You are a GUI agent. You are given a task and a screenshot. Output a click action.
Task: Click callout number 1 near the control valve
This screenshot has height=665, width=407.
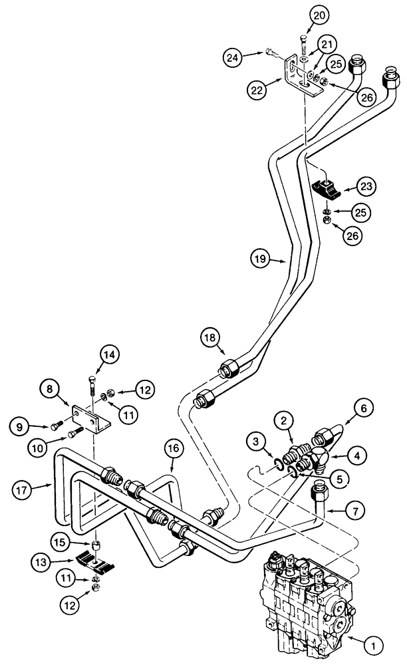(373, 643)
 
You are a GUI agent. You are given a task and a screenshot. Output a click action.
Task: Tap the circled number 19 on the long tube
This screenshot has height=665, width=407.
(261, 258)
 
